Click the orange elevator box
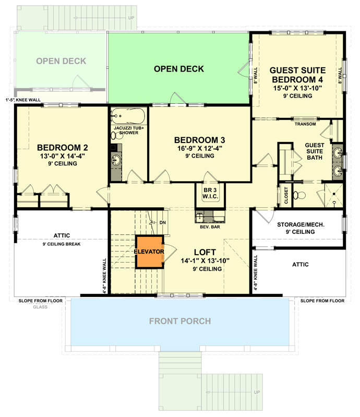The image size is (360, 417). pyautogui.click(x=150, y=252)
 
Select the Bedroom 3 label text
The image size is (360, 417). pyautogui.click(x=199, y=140)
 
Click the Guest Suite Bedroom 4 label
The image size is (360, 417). pyautogui.click(x=298, y=75)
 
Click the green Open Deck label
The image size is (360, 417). pyautogui.click(x=179, y=69)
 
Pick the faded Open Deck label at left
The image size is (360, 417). pyautogui.click(x=61, y=62)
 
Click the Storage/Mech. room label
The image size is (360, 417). pyautogui.click(x=297, y=225)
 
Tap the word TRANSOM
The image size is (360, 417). pyautogui.click(x=305, y=124)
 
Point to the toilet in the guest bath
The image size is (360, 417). pyautogui.click(x=298, y=196)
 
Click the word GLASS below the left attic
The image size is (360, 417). pyautogui.click(x=40, y=307)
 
